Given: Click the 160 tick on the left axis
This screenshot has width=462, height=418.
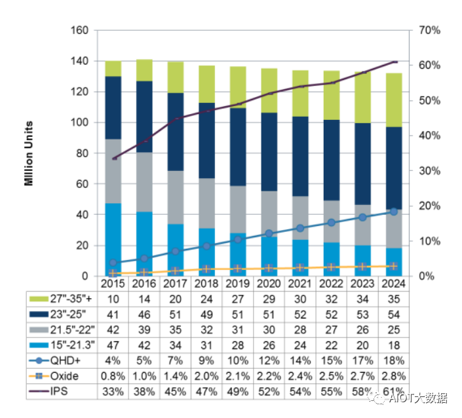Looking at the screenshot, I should (79, 31).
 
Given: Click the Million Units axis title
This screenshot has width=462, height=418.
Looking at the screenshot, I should (29, 153).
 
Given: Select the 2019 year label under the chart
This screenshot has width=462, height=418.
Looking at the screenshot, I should (237, 284).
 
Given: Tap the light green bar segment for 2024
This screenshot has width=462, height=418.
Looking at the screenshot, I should (393, 100).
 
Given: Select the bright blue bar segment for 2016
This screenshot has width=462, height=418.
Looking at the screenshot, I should (144, 242).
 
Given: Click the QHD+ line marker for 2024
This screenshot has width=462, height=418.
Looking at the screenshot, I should (393, 212).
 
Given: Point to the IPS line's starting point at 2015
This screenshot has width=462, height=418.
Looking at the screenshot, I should (114, 159).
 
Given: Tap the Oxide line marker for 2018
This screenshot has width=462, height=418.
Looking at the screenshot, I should (206, 269).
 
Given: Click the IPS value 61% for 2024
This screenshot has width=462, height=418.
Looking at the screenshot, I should (393, 391).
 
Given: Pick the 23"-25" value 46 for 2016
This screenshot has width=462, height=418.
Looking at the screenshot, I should (144, 314).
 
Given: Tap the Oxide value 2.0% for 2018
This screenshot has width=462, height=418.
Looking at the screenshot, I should (206, 376).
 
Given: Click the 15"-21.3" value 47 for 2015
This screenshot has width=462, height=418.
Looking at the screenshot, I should (113, 345).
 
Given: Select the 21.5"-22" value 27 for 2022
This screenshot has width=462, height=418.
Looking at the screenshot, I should (331, 330).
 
